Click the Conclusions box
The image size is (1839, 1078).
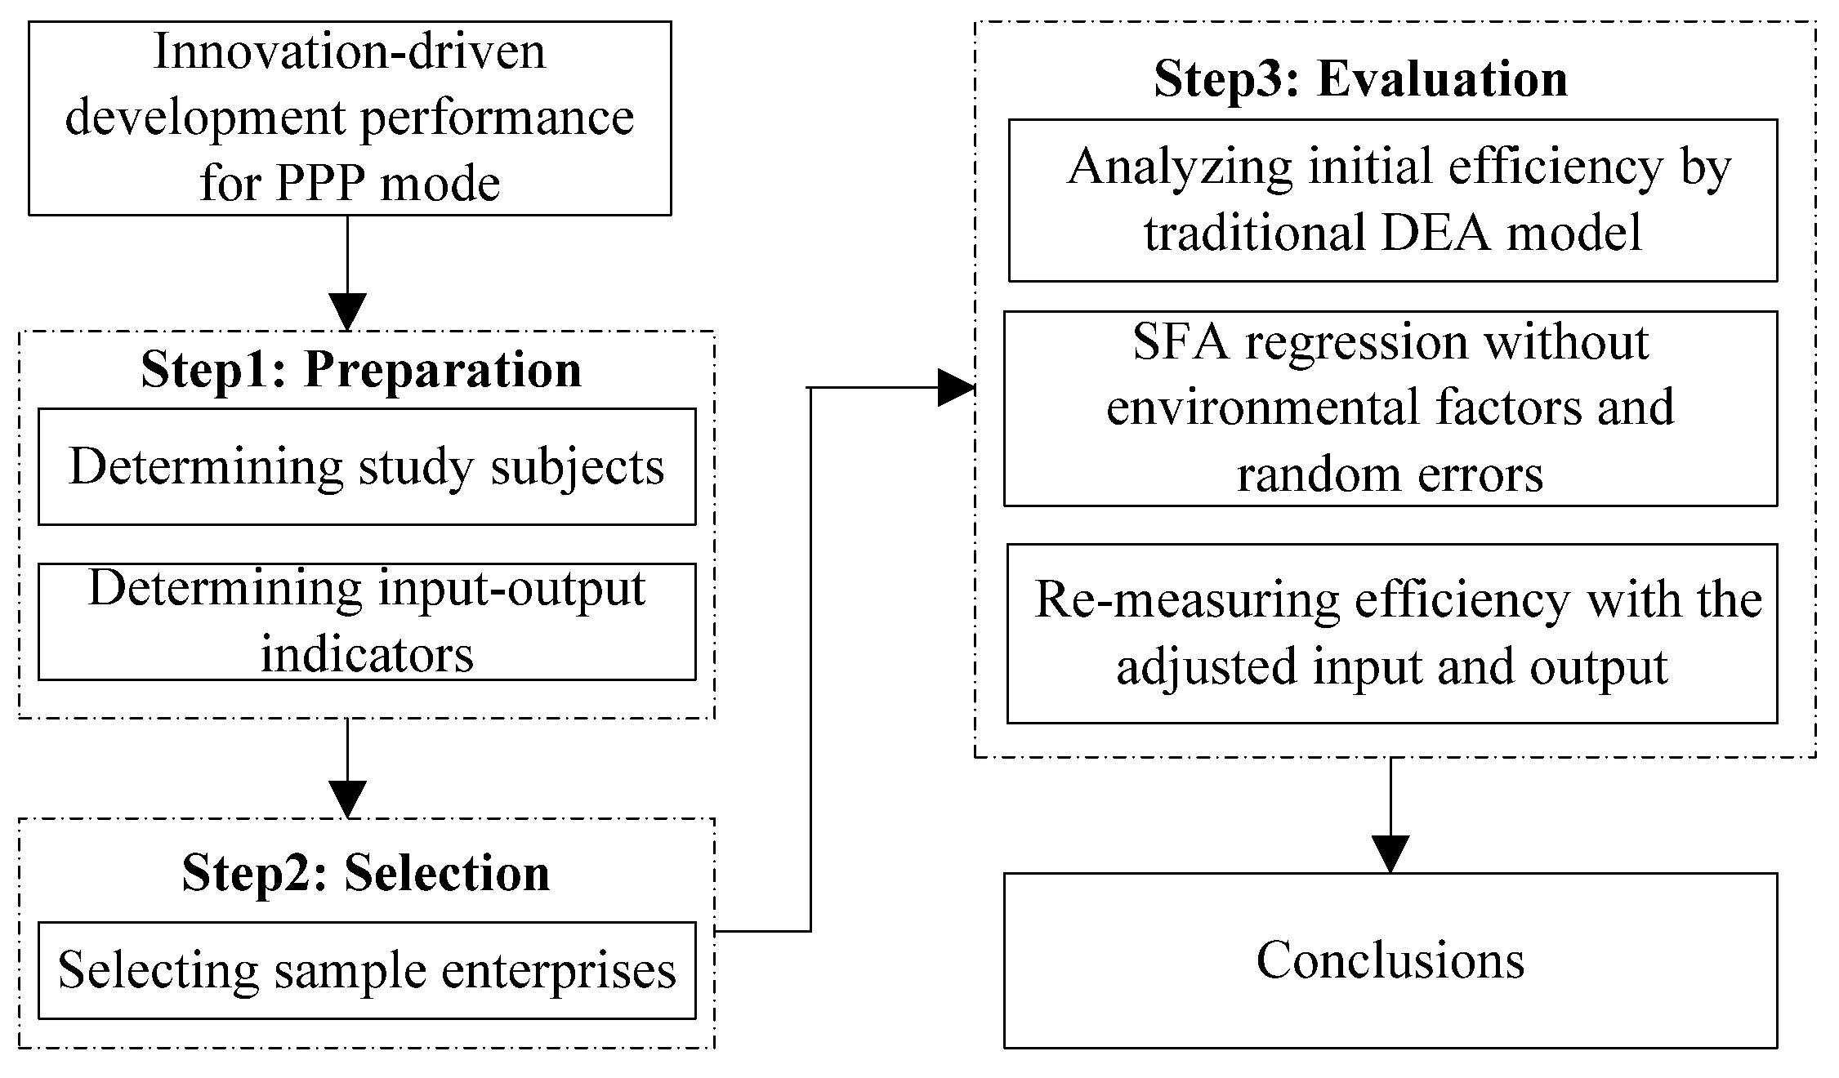1390,960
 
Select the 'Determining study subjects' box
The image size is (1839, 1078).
367,466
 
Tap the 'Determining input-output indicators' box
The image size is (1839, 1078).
367,621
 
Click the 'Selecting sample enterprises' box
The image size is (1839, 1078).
367,970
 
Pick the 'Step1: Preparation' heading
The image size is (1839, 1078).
361,369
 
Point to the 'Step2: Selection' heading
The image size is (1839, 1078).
365,872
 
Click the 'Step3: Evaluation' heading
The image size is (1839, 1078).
1360,79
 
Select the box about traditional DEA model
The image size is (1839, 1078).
1393,200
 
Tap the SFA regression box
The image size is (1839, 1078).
1390,408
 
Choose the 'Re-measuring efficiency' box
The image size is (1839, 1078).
1392,633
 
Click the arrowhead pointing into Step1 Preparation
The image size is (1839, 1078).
347,311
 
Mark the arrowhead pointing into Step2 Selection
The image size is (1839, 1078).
347,799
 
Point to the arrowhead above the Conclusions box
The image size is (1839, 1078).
1390,854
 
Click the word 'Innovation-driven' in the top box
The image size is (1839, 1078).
350,51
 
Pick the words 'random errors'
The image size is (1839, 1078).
1390,474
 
